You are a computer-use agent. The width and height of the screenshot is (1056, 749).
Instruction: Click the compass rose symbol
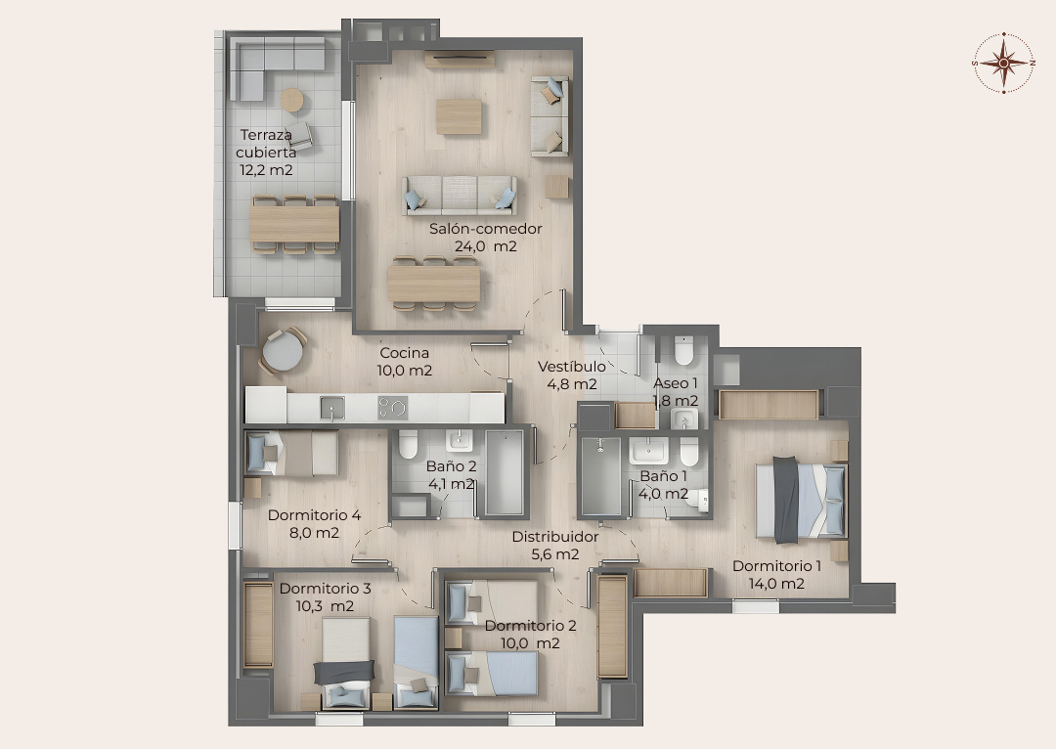[x=1003, y=63]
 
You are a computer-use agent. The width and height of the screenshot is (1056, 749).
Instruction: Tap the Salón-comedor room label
[x=486, y=229]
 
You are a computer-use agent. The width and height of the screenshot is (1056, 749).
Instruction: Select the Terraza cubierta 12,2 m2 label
[x=266, y=153]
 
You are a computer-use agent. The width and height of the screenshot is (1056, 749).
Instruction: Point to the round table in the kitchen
[x=283, y=351]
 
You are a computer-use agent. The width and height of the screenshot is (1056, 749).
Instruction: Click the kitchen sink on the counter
[x=332, y=408]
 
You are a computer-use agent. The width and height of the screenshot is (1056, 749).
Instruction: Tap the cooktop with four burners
[x=393, y=408]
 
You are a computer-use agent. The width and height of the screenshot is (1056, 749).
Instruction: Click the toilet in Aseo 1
[x=683, y=350]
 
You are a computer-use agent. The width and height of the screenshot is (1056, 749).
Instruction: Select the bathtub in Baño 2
[x=505, y=473]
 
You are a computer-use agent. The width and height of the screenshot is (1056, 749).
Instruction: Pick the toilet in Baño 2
[x=408, y=445]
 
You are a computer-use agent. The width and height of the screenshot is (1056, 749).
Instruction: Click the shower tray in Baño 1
[x=600, y=477]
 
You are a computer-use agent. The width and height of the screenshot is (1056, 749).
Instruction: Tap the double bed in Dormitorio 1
[x=800, y=500]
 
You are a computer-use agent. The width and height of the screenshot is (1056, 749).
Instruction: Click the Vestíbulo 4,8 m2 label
[x=571, y=375]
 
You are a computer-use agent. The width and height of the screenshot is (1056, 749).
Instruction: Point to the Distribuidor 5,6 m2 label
[x=555, y=546]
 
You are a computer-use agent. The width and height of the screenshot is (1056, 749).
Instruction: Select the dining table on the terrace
[x=294, y=224]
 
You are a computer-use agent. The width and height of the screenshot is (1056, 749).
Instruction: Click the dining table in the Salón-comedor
[x=434, y=284]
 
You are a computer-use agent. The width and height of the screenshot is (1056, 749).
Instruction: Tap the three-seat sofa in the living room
[x=460, y=196]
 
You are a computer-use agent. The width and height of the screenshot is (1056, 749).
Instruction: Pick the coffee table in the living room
[x=459, y=116]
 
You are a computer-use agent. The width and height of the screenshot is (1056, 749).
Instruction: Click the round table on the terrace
[x=291, y=101]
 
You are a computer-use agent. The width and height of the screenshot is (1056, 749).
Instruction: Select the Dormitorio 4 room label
[x=314, y=515]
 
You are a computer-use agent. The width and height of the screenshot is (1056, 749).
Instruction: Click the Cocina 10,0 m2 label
[x=404, y=362]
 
